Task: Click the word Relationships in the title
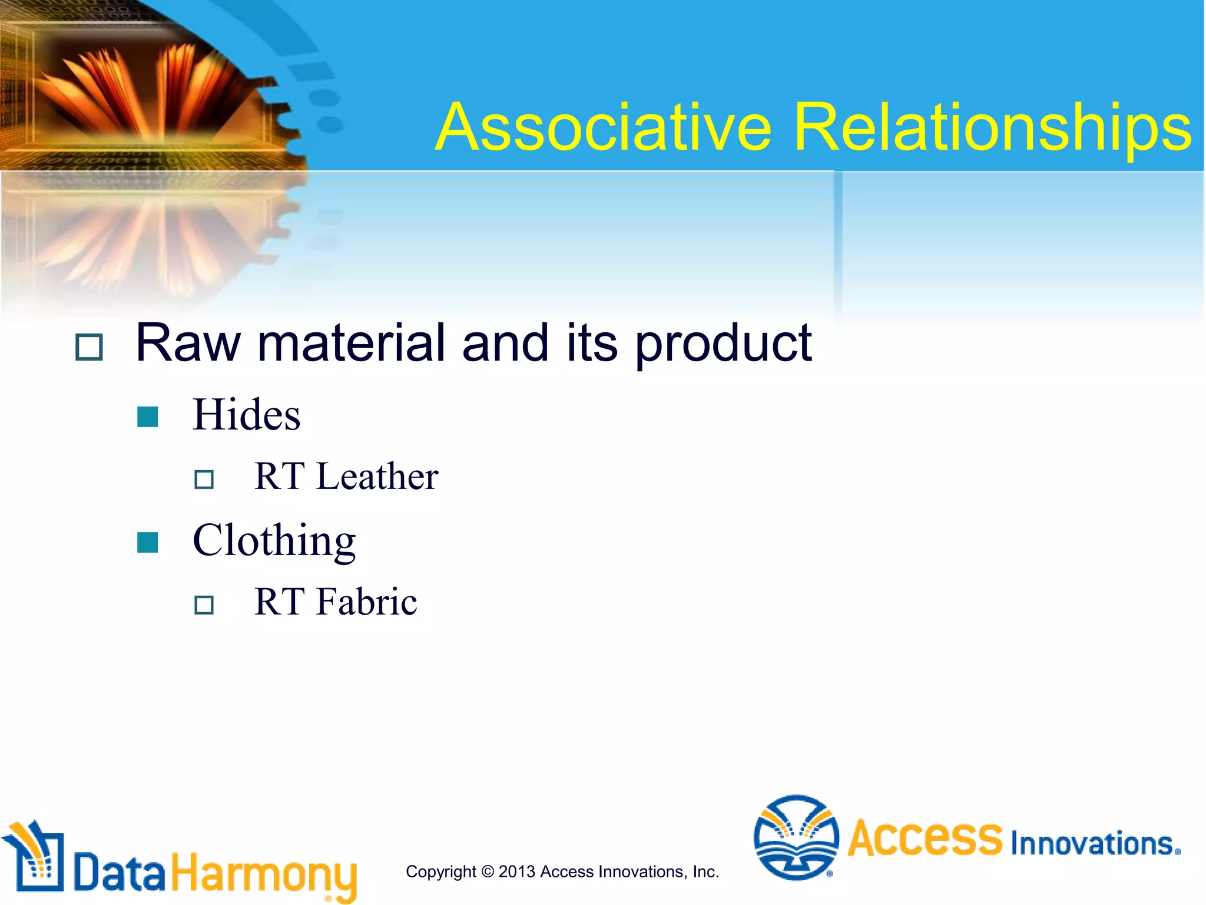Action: pos(992,127)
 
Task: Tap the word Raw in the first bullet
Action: pos(188,343)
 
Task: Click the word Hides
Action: pos(246,415)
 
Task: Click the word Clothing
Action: pos(274,541)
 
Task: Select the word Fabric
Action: pos(367,602)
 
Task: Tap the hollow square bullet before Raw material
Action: pos(89,347)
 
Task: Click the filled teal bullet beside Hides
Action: pos(147,417)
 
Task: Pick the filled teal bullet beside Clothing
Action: pos(147,542)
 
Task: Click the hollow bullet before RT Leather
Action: pos(204,479)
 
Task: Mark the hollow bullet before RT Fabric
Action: pos(204,605)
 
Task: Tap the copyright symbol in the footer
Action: pos(487,871)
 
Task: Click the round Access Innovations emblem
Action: pos(796,837)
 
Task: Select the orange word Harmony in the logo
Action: pos(264,874)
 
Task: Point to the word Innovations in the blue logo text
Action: pos(1094,843)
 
